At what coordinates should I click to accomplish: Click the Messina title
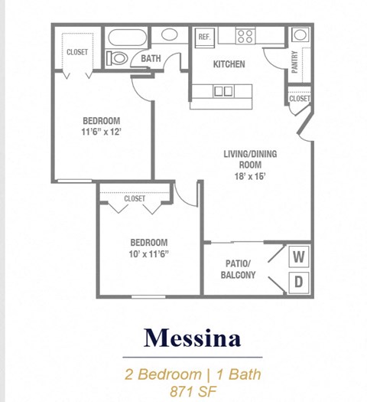[x=193, y=337]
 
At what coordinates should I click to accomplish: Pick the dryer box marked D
[x=299, y=282]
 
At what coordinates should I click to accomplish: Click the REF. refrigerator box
[x=204, y=37]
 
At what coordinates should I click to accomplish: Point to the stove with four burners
[x=245, y=35]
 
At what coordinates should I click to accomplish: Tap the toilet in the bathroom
[x=118, y=58]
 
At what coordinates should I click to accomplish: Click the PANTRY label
[x=294, y=61]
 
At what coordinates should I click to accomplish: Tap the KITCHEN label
[x=229, y=64]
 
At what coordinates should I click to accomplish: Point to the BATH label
[x=150, y=58]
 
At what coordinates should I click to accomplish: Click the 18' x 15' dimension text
[x=250, y=176]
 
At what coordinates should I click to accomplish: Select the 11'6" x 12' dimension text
[x=102, y=132]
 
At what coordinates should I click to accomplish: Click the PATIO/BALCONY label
[x=238, y=269]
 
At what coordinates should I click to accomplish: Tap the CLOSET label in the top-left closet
[x=76, y=52]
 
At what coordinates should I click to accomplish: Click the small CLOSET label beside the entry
[x=299, y=99]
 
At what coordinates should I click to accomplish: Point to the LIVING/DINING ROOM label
[x=250, y=159]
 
